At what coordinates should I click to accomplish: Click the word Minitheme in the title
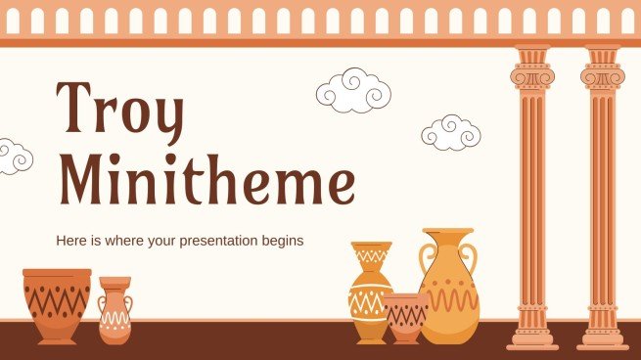(x=206, y=183)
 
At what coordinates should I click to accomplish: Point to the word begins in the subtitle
(x=278, y=241)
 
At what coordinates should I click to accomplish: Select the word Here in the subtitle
(x=71, y=241)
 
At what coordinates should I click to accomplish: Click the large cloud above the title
(x=354, y=90)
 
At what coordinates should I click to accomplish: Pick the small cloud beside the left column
(x=451, y=131)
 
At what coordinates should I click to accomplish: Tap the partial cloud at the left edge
(x=14, y=156)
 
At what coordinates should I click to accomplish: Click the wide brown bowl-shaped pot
(x=57, y=305)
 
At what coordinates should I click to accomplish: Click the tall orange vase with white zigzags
(x=371, y=291)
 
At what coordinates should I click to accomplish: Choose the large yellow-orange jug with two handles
(x=449, y=283)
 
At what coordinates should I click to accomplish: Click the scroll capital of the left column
(x=532, y=74)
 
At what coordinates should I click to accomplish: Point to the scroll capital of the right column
(x=602, y=74)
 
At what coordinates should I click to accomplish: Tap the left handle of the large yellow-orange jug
(x=426, y=259)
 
